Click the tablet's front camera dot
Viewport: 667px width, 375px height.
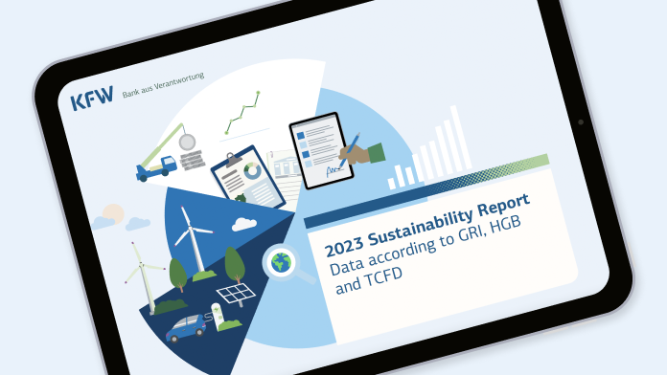click(580, 123)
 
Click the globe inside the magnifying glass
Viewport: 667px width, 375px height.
click(281, 261)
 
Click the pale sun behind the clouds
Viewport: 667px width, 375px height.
click(114, 211)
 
